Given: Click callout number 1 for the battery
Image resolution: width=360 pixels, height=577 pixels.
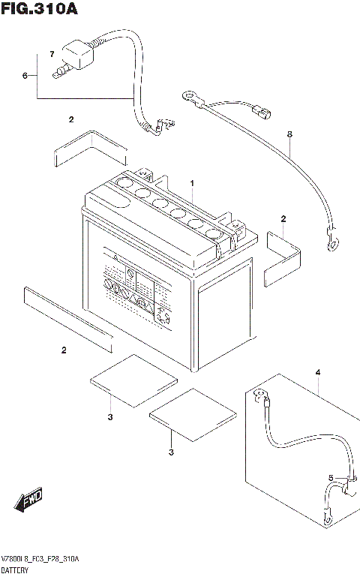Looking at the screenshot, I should coord(192,182).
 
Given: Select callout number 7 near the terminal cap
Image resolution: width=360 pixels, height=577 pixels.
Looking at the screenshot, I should coord(51,55).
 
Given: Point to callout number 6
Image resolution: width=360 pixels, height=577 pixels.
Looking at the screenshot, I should coord(25,76).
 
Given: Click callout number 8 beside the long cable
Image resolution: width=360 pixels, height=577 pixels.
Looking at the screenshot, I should coord(289,134).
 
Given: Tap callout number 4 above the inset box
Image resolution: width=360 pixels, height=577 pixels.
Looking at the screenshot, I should coord(317,372).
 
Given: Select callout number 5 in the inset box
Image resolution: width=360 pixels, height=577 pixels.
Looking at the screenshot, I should coord(330,477).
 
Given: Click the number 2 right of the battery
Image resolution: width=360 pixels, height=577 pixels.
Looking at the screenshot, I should coord(283,218).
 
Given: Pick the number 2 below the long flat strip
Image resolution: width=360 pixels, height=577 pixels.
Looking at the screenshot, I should coord(64,350).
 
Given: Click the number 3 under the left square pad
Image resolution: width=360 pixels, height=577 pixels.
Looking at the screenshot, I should coord(109,416).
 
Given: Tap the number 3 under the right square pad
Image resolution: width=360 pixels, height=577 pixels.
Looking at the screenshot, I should coord(171,452).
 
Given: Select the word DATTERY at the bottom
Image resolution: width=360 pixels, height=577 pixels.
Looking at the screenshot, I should coord(16,570).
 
